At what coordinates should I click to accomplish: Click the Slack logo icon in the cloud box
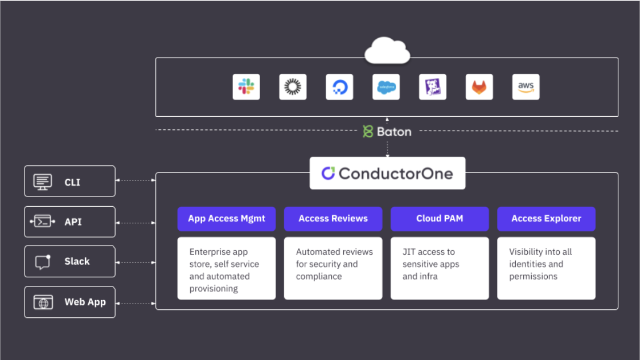tap(246, 87)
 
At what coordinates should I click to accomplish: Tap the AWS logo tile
tap(526, 87)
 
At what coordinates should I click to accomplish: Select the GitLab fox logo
tap(479, 87)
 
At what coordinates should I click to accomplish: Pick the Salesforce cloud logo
tap(386, 87)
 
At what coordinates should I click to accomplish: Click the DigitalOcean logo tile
tap(339, 87)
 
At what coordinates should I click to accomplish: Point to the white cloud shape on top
tap(387, 50)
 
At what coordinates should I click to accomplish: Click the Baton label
tap(387, 132)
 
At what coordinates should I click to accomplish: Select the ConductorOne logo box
tap(387, 173)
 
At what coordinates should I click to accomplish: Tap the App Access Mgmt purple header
tap(226, 219)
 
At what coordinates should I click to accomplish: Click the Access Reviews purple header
tap(333, 219)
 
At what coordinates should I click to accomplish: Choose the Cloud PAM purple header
tap(440, 219)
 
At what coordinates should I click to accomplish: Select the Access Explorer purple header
tap(546, 219)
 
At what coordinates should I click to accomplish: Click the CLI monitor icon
tap(43, 182)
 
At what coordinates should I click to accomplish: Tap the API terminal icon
tap(43, 222)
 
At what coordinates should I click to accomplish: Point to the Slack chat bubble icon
tap(43, 261)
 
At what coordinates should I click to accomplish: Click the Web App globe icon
tap(43, 302)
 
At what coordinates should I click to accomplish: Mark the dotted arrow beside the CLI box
tap(136, 180)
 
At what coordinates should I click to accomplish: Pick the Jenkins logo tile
tap(433, 87)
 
